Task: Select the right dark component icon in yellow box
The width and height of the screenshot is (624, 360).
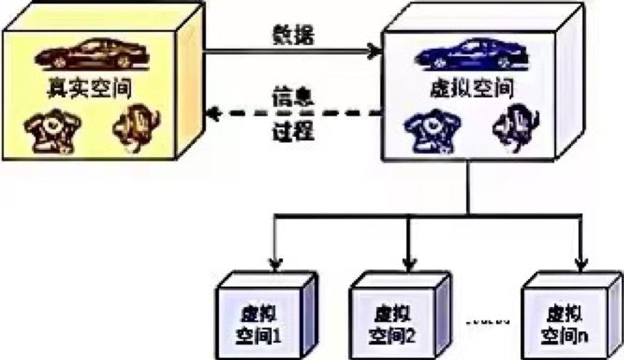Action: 136,129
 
